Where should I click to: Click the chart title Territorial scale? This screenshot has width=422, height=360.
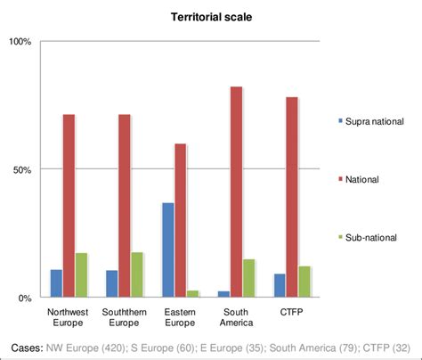point(210,16)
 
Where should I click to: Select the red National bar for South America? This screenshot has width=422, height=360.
point(236,192)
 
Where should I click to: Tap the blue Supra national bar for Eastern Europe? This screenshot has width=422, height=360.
point(167,250)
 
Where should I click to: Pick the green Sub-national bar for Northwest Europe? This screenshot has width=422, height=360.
point(82,274)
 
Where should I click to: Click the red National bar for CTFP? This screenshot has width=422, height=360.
point(291,197)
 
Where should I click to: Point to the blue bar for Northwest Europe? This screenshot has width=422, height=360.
point(56,282)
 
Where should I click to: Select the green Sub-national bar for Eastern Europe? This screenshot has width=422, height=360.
point(193,293)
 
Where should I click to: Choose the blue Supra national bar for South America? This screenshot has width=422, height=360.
point(223,293)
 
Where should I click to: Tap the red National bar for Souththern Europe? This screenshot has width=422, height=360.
point(124,205)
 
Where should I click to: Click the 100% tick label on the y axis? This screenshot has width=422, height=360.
point(20,42)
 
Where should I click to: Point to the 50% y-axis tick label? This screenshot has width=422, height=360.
point(22,169)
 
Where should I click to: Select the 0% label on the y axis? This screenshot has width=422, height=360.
point(25,298)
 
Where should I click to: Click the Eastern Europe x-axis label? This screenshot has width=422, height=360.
point(181,316)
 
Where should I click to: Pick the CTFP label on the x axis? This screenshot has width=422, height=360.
point(291,311)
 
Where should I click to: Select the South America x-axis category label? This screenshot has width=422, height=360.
point(236,316)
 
